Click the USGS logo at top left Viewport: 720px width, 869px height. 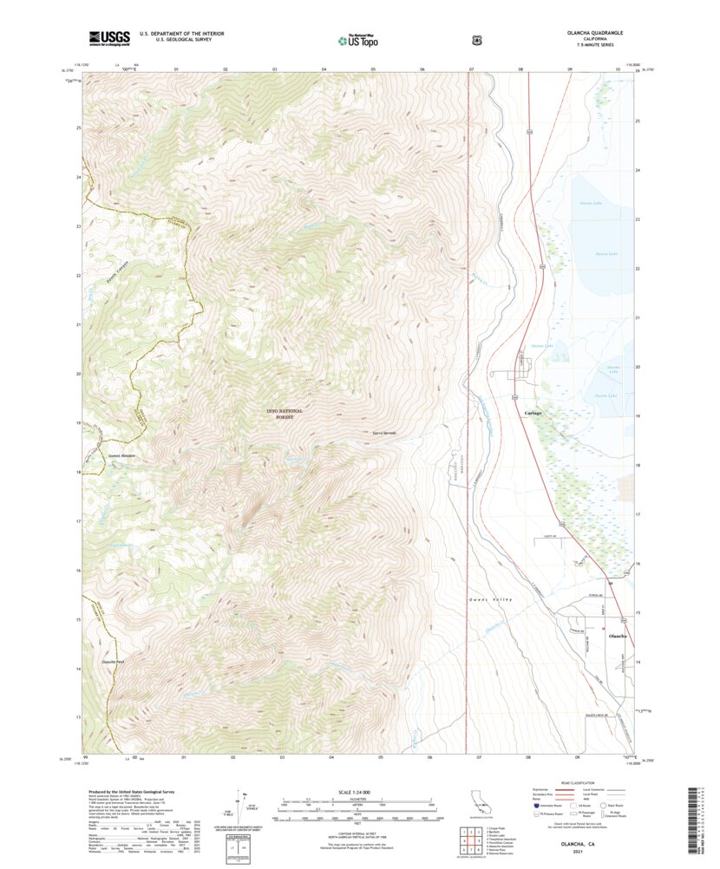point(109,38)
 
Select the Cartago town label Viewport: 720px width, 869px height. point(533,413)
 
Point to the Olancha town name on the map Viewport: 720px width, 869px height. point(619,637)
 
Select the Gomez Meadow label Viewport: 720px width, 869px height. point(124,455)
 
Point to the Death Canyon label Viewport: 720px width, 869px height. point(119,279)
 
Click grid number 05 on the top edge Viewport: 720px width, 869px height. point(373,68)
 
